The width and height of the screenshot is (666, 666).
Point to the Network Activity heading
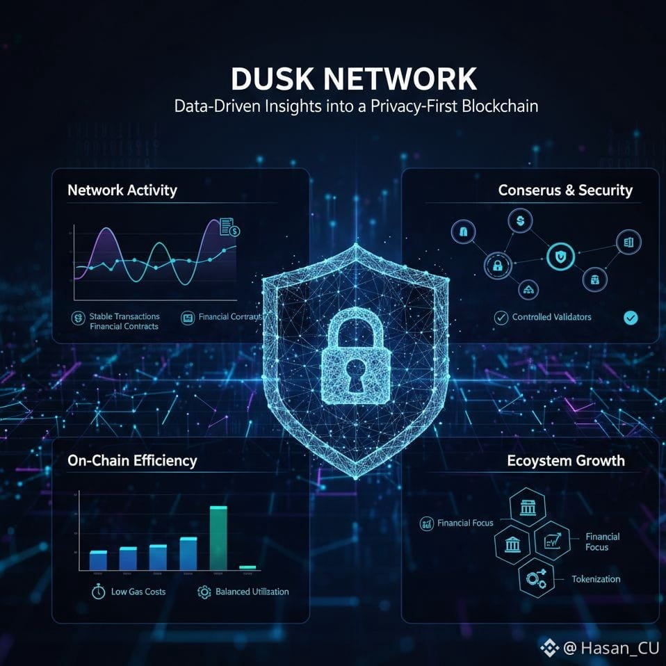(x=122, y=190)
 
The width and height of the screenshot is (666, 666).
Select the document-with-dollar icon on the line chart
(x=229, y=227)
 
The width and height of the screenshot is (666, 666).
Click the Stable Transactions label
(x=124, y=316)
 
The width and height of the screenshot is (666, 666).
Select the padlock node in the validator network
(x=497, y=265)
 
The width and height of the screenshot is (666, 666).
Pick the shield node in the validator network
(x=560, y=257)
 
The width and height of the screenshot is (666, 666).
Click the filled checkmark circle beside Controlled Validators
(x=631, y=317)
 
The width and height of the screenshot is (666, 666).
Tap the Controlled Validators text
(x=552, y=317)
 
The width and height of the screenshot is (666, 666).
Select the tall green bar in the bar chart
(x=218, y=537)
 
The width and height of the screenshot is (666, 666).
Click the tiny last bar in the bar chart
(x=247, y=567)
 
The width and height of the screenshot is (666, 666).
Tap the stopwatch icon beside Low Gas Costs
(x=98, y=592)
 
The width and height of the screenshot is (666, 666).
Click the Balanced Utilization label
(x=252, y=592)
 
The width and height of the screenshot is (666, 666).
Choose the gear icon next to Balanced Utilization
(x=204, y=592)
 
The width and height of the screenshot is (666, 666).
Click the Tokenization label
(x=596, y=579)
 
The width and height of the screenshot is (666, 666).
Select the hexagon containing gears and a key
(x=537, y=577)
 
